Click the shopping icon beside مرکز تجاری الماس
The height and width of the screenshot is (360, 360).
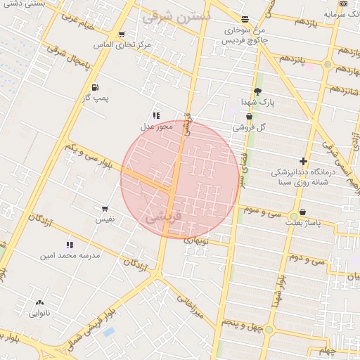pyautogui.click(x=122, y=34)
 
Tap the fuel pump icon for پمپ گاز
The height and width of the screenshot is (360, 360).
pyautogui.click(x=94, y=87)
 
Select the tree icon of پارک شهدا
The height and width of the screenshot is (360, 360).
pyautogui.click(x=258, y=91)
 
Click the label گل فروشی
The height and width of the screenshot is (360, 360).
pyautogui.click(x=252, y=127)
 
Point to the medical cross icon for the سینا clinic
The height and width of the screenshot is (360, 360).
pyautogui.click(x=303, y=161)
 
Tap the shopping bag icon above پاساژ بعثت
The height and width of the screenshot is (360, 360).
pyautogui.click(x=302, y=212)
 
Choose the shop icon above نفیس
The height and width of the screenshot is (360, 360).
pyautogui.click(x=105, y=209)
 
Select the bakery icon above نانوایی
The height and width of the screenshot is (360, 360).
pyautogui.click(x=39, y=303)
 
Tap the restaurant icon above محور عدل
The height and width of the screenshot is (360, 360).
pyautogui.click(x=156, y=115)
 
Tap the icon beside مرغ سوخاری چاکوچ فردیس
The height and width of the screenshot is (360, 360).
pyautogui.click(x=245, y=20)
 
